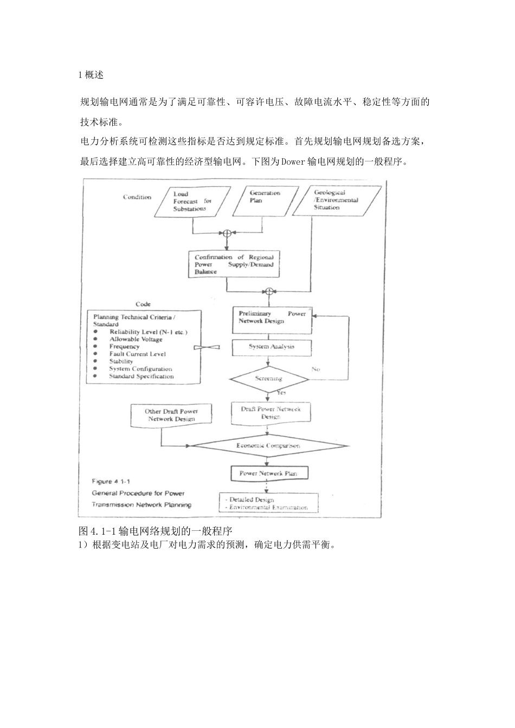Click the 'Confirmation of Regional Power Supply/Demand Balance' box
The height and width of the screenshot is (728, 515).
click(234, 264)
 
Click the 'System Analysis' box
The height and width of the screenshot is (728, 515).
click(272, 347)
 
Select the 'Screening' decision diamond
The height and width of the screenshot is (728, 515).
click(269, 379)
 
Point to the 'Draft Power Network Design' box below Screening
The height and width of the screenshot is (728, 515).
click(271, 413)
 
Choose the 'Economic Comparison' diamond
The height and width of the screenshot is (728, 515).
click(268, 446)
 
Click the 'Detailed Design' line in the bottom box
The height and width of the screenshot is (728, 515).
click(249, 499)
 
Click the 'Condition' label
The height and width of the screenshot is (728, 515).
click(137, 197)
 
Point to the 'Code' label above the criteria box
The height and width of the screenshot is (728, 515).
click(143, 304)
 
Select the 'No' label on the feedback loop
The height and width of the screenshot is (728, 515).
click(316, 369)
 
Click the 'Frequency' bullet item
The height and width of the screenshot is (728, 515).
click(124, 346)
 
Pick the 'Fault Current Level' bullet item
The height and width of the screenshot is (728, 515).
click(137, 354)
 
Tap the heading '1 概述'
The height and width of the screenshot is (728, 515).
click(91, 75)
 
